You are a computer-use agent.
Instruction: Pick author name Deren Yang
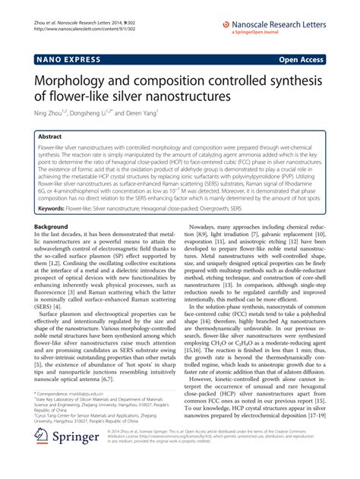pyautogui.click(x=140, y=114)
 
